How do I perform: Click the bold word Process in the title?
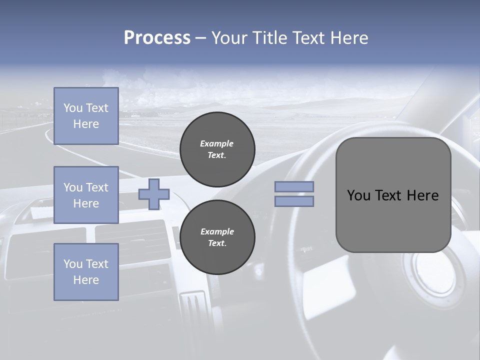(157, 38)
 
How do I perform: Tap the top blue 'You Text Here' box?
(86, 116)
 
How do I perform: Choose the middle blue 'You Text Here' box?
(86, 195)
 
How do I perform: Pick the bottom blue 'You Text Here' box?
(86, 271)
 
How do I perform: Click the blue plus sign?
(154, 194)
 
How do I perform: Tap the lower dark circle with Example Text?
(217, 237)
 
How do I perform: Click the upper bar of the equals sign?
(294, 187)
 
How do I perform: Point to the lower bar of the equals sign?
(294, 201)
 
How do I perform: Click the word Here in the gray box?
(422, 195)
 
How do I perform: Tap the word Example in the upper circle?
(217, 143)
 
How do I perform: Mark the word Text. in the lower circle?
(217, 243)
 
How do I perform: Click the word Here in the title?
(349, 38)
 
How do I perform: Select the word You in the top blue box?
(73, 108)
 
